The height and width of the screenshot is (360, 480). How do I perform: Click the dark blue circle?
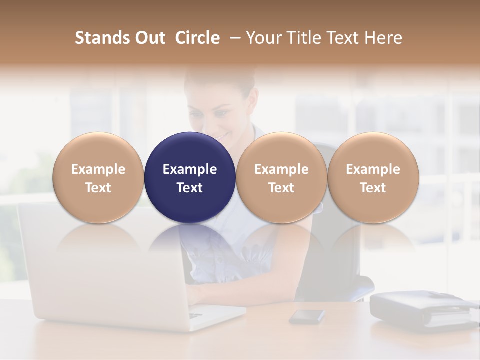190,177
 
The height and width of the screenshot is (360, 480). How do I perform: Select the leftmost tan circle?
98,177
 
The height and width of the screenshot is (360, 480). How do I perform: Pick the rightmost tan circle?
373,177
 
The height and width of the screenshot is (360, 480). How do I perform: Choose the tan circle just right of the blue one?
281,177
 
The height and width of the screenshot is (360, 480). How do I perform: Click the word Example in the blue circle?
190,169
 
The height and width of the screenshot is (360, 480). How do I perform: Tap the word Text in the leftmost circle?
98,188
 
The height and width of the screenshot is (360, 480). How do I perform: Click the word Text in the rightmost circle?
373,188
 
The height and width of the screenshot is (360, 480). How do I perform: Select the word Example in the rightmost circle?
373,169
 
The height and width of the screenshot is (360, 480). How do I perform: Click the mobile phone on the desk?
307,316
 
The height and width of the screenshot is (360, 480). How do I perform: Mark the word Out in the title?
149,38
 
